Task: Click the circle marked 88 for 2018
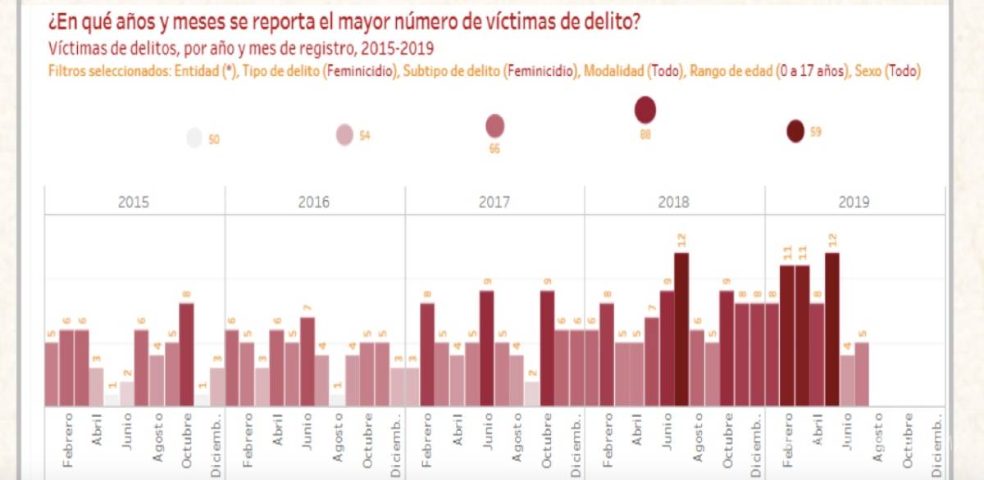click(645, 110)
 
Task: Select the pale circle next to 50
click(194, 138)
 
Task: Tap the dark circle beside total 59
click(795, 131)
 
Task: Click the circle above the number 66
click(494, 126)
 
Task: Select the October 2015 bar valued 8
click(186, 354)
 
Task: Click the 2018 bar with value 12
click(681, 329)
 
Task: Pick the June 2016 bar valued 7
click(307, 361)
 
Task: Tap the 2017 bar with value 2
click(532, 393)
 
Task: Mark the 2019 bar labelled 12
click(832, 329)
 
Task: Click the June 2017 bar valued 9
click(487, 348)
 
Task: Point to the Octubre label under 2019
click(908, 438)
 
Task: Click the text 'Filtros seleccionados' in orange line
click(107, 72)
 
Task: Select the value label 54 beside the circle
click(366, 135)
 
